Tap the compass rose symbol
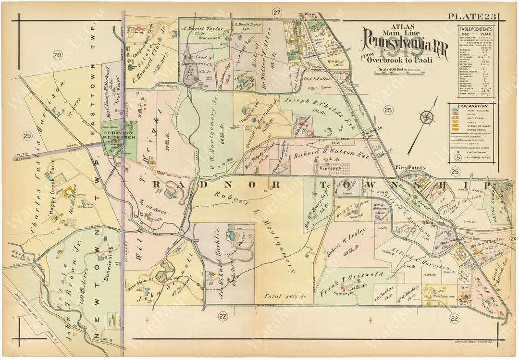(x=426, y=117)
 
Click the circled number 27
(x=277, y=12)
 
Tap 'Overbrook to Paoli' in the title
(x=399, y=60)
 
